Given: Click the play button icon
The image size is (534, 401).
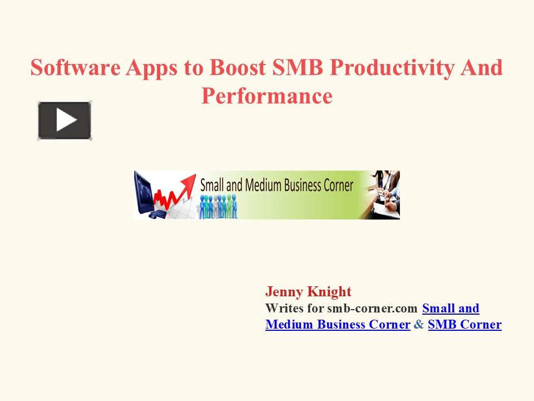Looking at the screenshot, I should click(65, 120).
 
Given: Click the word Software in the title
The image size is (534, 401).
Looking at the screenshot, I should click(75, 68).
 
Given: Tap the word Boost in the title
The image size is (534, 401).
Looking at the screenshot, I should click(239, 68).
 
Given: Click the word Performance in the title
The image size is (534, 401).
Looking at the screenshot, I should click(267, 96).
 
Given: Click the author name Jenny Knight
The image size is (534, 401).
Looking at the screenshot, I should click(308, 292).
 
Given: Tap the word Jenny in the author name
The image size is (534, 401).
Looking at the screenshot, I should click(282, 292).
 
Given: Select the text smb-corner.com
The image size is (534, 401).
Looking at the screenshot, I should click(372, 309).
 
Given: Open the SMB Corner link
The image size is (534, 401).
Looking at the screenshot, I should click(464, 325).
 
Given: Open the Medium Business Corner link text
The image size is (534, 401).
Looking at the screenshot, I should click(338, 325).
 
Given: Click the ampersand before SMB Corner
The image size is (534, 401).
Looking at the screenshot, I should click(418, 325).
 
